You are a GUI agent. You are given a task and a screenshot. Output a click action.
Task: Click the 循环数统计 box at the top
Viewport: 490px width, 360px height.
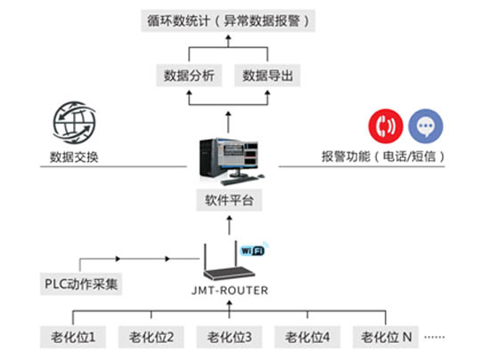(228, 20)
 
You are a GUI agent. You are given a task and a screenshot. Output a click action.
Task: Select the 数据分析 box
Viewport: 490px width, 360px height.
(189, 76)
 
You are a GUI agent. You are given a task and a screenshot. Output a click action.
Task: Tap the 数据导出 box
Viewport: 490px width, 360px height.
(267, 76)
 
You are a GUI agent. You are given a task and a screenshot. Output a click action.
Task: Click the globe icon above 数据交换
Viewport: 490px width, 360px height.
(74, 122)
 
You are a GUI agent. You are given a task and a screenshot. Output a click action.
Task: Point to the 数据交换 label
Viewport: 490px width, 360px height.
(74, 157)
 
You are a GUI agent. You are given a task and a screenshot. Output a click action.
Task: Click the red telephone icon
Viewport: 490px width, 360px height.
(386, 126)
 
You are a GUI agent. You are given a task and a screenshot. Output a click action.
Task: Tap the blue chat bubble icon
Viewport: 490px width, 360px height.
(426, 126)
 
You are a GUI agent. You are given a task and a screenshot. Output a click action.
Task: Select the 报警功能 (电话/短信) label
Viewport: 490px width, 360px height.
(383, 156)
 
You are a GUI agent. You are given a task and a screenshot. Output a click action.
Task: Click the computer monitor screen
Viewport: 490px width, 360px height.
(241, 154)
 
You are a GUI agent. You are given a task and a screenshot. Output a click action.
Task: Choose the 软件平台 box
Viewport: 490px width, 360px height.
(229, 200)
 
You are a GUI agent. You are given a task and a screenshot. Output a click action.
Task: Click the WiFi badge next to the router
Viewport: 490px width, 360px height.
(252, 250)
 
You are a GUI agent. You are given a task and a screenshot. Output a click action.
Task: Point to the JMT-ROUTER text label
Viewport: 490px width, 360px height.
(230, 290)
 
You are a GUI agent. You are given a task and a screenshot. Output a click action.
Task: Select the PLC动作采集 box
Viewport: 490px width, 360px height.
(81, 284)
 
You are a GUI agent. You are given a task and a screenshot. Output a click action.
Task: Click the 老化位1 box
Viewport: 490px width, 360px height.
(73, 337)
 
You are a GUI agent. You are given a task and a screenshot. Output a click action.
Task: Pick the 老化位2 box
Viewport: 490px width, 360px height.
(151, 337)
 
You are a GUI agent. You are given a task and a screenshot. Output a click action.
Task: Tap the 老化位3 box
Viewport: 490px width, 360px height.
(229, 337)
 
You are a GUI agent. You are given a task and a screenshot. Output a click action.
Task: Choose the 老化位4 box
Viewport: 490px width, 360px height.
(307, 337)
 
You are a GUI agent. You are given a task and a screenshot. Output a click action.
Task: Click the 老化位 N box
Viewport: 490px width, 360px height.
(386, 337)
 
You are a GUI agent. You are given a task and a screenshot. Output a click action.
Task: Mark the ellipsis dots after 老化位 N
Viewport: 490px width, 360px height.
(435, 337)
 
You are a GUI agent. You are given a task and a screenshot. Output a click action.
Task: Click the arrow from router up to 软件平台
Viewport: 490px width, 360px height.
(230, 225)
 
